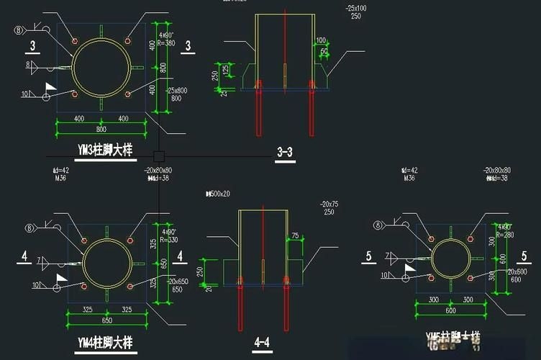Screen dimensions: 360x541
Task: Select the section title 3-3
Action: tap(284, 152)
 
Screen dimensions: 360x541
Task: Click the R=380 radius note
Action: tap(166, 42)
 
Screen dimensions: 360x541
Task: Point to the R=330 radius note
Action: tap(168, 240)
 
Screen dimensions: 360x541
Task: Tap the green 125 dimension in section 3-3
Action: tap(225, 70)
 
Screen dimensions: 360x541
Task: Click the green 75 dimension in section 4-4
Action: tap(295, 235)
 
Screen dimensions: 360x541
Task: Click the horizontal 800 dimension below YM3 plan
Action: tap(101, 129)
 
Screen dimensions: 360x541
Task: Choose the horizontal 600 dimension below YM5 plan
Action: tap(452, 310)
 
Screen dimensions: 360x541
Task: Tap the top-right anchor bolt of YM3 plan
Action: tap(128, 41)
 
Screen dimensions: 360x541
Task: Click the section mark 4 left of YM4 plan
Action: tap(24, 256)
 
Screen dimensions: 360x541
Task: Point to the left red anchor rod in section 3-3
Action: tap(259, 108)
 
